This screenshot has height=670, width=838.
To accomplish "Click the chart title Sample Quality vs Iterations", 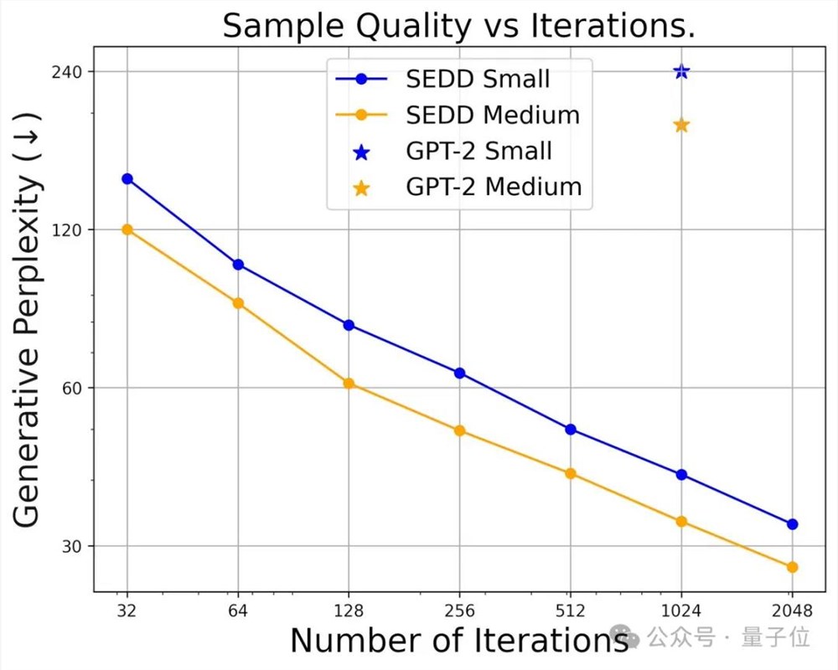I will click(x=458, y=27).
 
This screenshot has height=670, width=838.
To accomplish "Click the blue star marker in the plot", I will click(x=681, y=71).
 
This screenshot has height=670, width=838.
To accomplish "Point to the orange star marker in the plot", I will click(x=681, y=126).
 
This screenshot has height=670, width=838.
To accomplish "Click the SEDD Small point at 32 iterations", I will click(x=127, y=178).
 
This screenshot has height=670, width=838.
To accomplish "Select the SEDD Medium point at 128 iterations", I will click(x=349, y=384).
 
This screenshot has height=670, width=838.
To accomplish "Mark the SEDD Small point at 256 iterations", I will click(x=459, y=373).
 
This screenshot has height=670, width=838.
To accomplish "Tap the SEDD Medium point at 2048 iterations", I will click(x=792, y=567).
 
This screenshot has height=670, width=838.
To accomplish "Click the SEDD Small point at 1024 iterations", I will click(x=681, y=475).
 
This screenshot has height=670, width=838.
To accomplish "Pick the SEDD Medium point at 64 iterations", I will click(x=238, y=303).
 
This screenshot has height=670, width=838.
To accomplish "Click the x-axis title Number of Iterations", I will click(x=459, y=641).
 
